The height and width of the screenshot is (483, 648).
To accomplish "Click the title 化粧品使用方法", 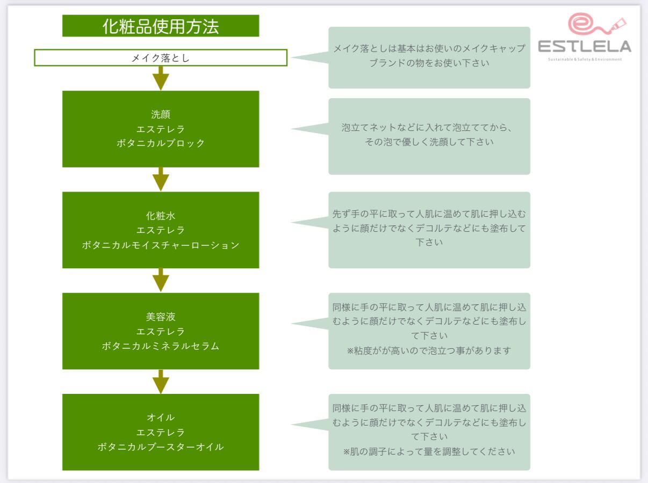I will click(x=161, y=26).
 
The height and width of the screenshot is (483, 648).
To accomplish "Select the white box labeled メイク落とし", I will click(x=161, y=58).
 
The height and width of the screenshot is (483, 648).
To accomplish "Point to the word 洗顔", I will click(x=161, y=114).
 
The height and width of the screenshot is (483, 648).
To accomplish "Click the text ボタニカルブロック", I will click(x=161, y=143).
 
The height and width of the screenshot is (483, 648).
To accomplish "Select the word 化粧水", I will click(x=161, y=216).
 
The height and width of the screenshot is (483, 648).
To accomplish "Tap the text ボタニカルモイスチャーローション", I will click(x=161, y=245).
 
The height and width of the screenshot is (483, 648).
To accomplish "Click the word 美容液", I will click(x=161, y=317).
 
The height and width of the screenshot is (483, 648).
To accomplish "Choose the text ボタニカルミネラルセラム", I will click(x=161, y=346).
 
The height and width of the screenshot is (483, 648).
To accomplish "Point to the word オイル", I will click(x=161, y=417).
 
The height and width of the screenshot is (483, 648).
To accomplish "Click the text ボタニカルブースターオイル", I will click(x=161, y=447).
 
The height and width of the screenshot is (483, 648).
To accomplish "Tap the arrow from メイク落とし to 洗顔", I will click(x=161, y=78).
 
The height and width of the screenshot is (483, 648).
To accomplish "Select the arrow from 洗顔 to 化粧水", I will click(x=161, y=179).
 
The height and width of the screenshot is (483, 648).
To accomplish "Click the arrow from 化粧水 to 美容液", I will click(x=161, y=280).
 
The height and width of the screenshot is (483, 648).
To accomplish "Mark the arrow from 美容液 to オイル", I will click(x=161, y=381).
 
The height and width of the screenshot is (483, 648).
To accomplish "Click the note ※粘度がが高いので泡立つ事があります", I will click(x=429, y=350).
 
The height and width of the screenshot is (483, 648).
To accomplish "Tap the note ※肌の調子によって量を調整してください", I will click(x=429, y=451).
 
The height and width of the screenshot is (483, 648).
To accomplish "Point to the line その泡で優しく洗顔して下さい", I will click(x=429, y=143).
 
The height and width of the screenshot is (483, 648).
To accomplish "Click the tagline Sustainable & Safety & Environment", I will click(x=585, y=59).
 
